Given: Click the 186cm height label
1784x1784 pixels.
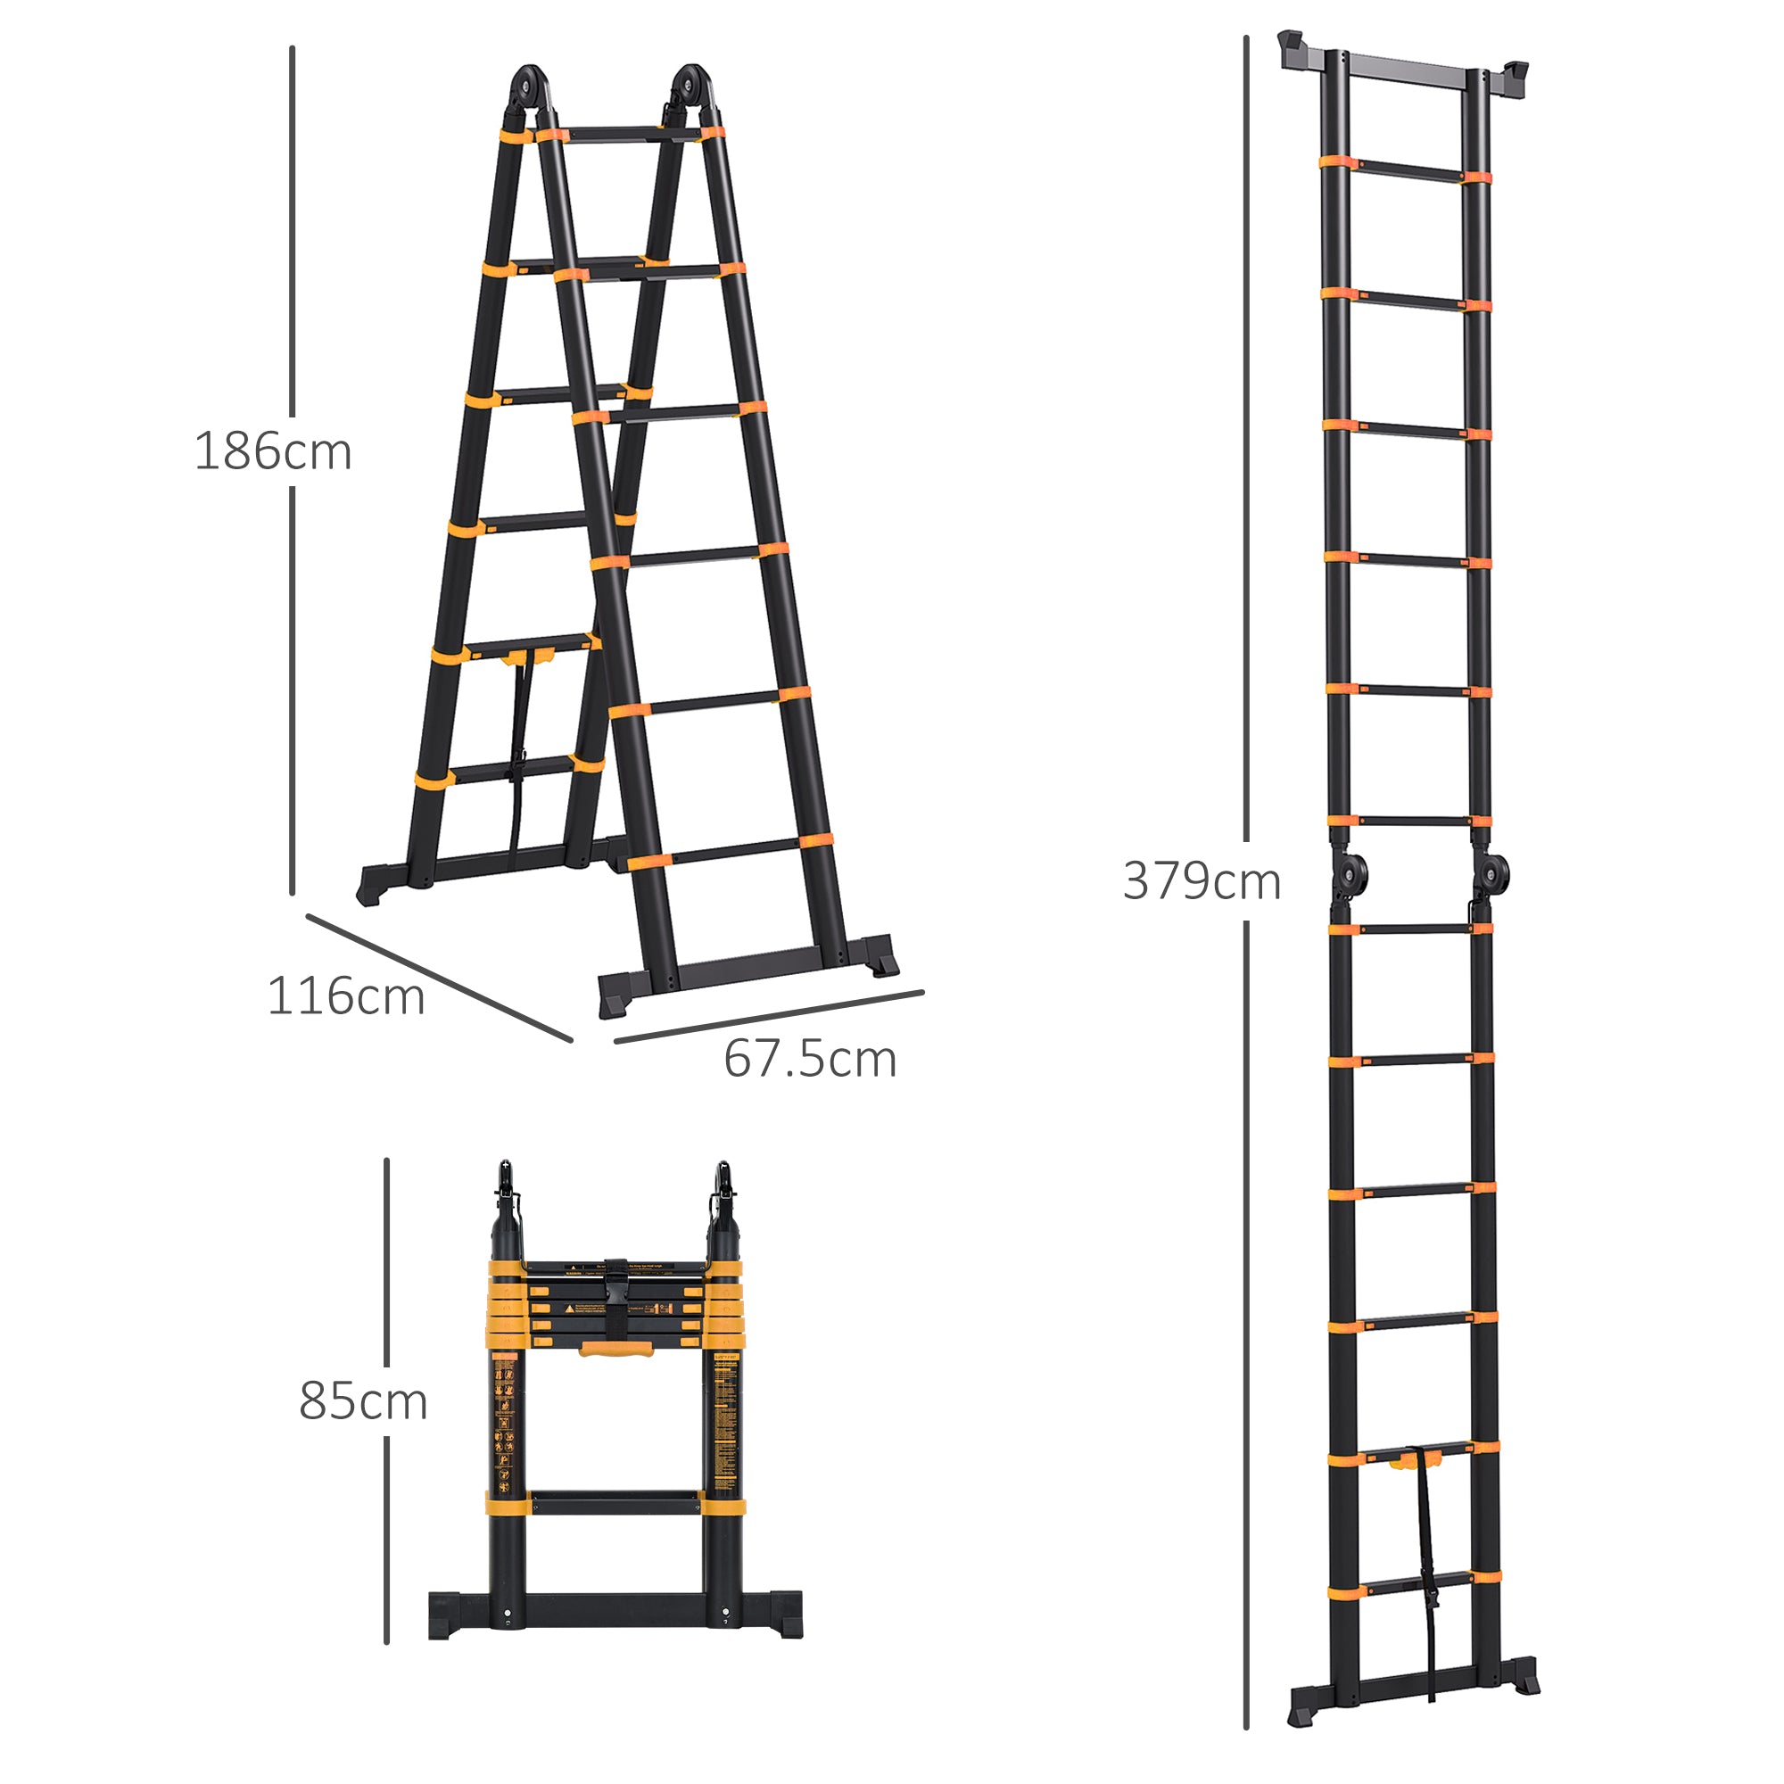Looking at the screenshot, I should tap(273, 452).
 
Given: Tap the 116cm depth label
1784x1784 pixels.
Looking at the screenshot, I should tap(345, 997).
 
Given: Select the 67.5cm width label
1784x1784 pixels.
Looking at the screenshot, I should tap(809, 1059).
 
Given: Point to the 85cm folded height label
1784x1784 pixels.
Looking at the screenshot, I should tap(363, 1401).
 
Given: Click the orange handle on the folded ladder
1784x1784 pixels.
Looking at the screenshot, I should tap(615, 1350).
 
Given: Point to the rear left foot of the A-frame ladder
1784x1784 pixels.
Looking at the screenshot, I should tap(376, 885).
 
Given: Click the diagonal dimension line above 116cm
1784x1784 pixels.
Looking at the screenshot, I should tap(440, 978).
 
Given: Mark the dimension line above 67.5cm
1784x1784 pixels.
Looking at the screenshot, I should tap(769, 1017).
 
